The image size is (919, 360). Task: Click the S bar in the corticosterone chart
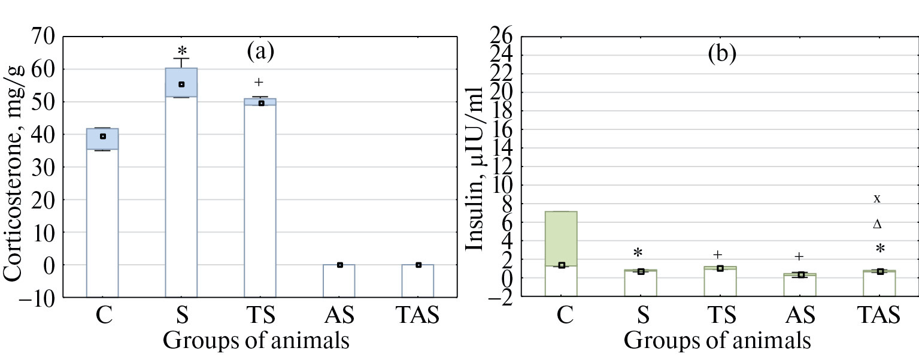(x=181, y=180)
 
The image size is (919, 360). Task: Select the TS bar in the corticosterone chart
(x=260, y=192)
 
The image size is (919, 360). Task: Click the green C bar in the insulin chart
(x=561, y=240)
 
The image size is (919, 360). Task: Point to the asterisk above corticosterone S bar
(x=182, y=50)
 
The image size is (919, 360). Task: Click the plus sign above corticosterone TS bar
(x=259, y=82)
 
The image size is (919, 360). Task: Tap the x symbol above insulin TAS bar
(x=877, y=198)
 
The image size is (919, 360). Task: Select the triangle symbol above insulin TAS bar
(x=877, y=225)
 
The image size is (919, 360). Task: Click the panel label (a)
(x=260, y=53)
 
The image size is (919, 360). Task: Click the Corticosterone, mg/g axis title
(x=14, y=173)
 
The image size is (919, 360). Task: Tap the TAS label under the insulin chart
(x=878, y=316)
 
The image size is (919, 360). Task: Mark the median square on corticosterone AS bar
(x=339, y=265)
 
